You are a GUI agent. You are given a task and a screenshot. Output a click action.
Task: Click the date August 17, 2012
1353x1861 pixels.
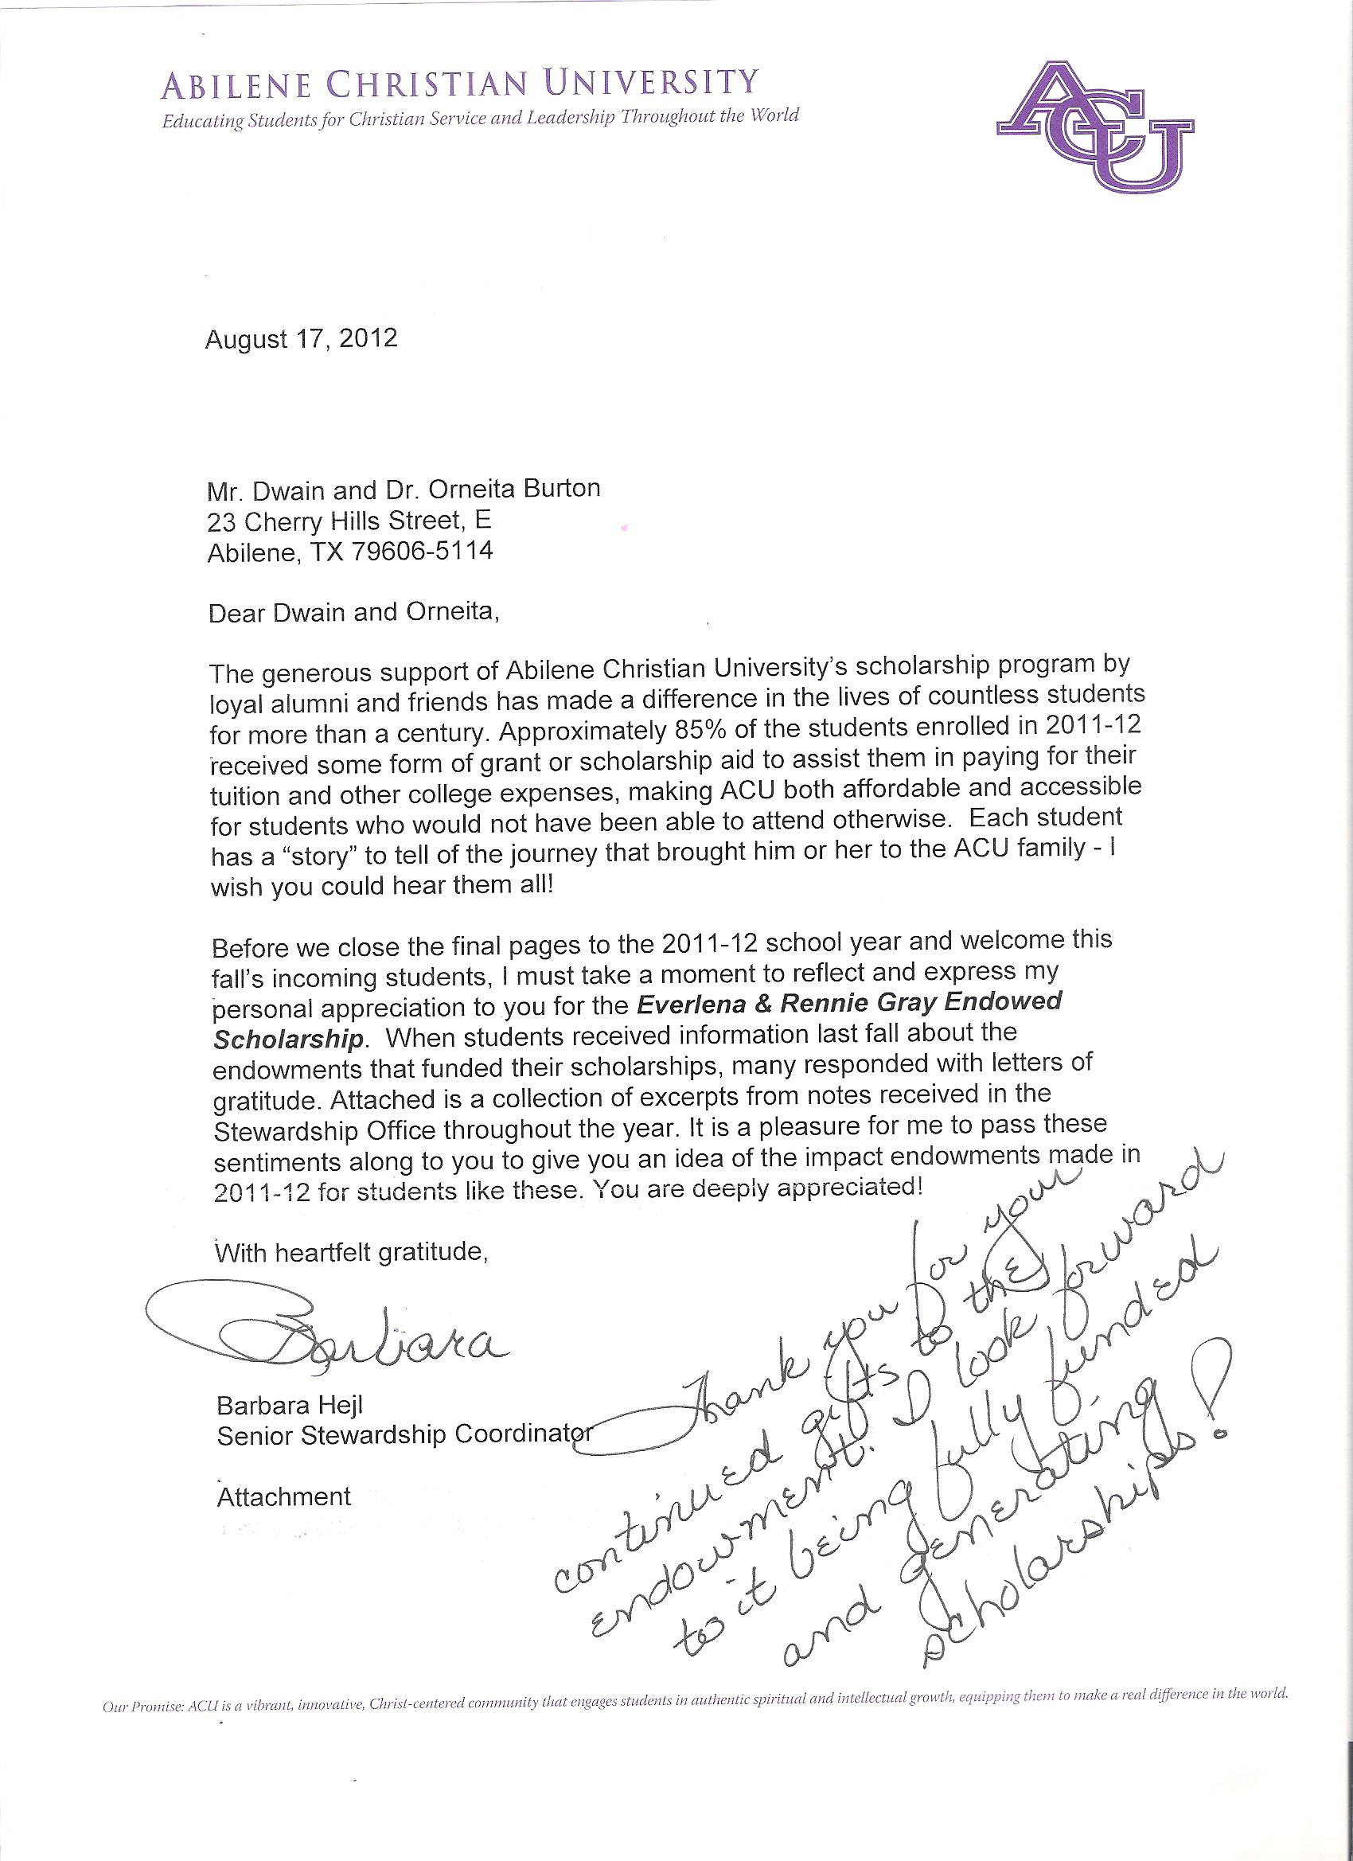301,339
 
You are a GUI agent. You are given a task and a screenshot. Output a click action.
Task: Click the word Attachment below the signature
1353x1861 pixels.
283,1496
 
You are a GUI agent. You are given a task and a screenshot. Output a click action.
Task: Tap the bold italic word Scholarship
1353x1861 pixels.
288,1040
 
